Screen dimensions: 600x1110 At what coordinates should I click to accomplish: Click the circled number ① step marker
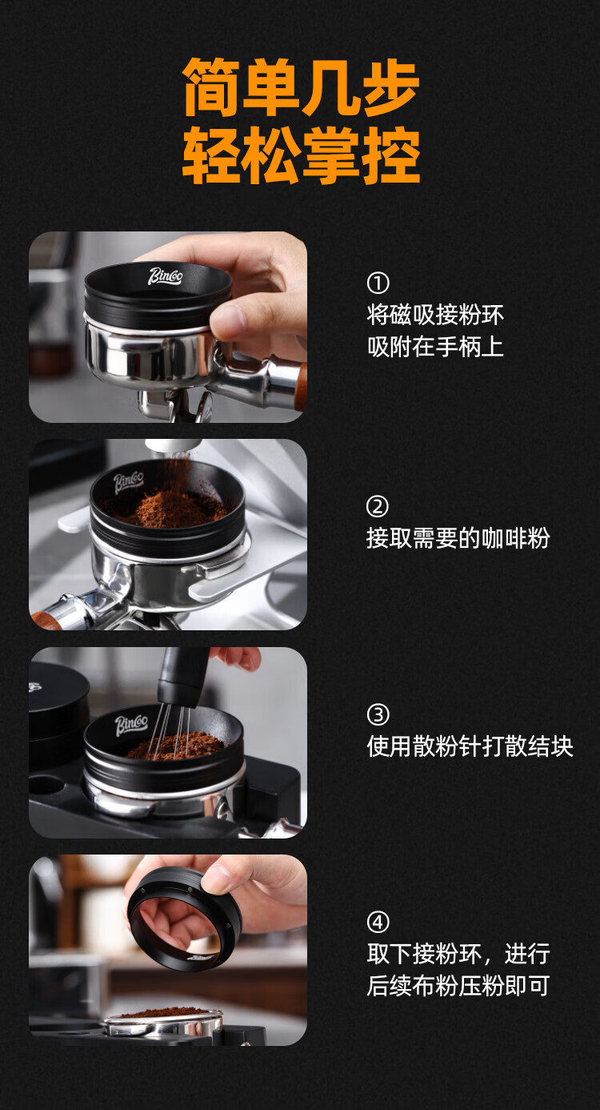coord(378,283)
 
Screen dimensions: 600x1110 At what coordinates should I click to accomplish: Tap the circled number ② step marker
coord(378,506)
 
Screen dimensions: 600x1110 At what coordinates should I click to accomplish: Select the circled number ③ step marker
coord(378,714)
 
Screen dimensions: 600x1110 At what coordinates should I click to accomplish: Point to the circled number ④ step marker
coord(378,922)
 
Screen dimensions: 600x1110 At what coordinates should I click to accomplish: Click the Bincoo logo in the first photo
coord(166,276)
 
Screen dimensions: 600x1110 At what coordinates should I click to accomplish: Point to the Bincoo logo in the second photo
coord(128,483)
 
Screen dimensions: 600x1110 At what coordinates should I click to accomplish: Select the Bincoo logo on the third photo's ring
coord(131,725)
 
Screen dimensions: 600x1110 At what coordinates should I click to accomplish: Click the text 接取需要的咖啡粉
coord(458,538)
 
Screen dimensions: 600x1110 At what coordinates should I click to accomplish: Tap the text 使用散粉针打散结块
coord(470,746)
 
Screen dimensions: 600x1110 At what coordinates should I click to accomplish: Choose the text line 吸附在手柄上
coord(435,347)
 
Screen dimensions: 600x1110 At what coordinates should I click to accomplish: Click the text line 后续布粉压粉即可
coord(458,985)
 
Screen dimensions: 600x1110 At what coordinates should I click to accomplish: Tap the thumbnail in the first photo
coord(228,318)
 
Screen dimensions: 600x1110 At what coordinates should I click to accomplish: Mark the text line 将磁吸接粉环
coord(435,315)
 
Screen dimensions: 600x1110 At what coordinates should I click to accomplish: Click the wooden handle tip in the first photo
coord(301,387)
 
